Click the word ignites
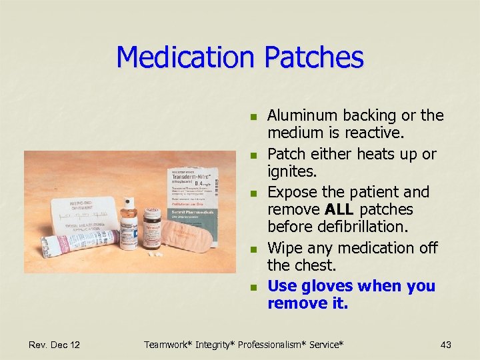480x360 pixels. point(291,171)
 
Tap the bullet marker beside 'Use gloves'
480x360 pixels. point(253,288)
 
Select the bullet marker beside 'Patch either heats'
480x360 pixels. point(253,155)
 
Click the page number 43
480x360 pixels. point(446,345)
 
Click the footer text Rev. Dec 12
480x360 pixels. point(55,345)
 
